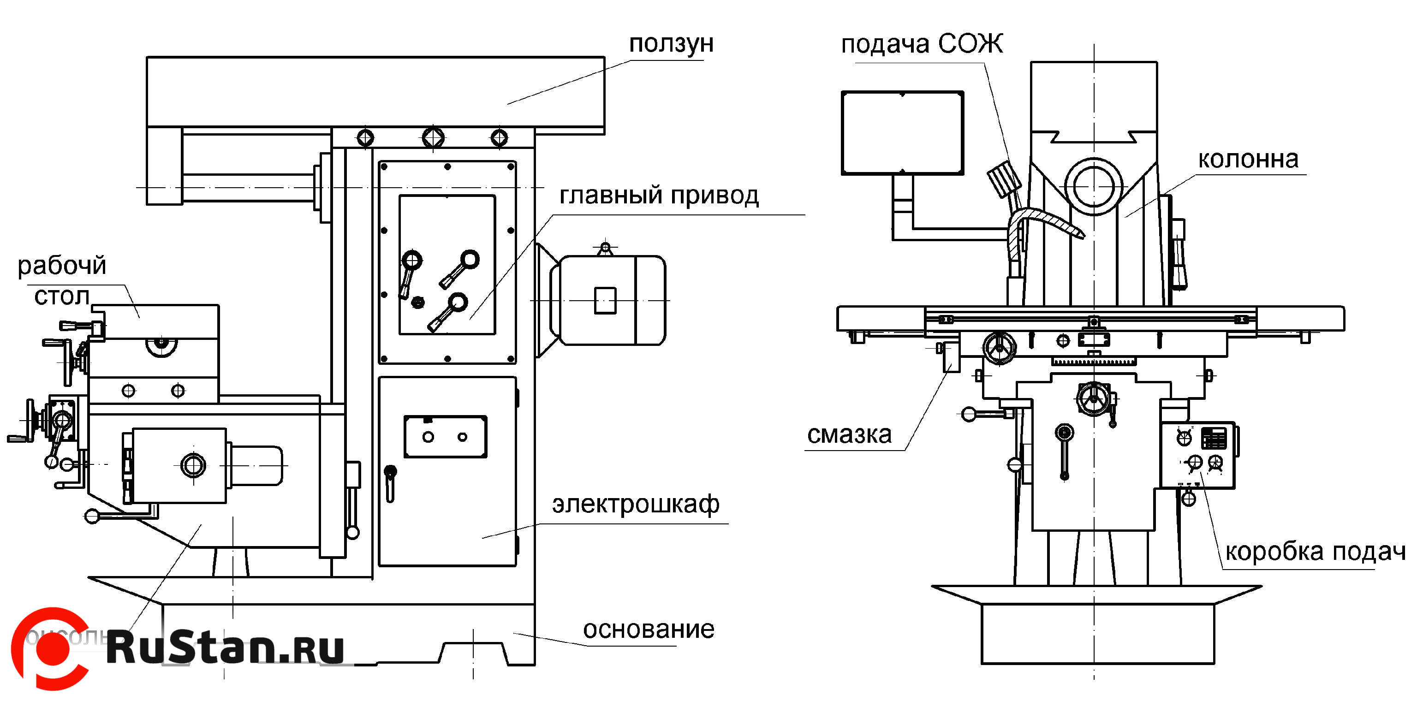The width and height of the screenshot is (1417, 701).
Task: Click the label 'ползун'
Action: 671,44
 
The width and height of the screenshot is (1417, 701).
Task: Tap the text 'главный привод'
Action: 659,195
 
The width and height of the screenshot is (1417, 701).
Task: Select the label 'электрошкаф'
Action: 635,504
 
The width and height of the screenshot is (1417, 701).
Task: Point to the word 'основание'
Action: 649,629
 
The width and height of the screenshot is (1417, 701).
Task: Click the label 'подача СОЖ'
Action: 922,44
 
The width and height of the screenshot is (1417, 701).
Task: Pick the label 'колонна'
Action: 1248,160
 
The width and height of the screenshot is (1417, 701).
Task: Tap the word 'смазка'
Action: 849,434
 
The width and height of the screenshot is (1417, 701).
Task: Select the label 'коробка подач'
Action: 1315,551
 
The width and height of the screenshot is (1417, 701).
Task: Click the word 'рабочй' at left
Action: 62,266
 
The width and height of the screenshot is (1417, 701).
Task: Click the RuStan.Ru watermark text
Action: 226,648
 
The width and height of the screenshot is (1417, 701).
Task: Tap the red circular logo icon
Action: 51,649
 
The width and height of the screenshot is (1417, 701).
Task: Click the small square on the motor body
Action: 605,301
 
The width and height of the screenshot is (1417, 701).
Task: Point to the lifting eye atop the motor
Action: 605,248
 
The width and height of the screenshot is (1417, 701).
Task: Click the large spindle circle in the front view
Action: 1094,186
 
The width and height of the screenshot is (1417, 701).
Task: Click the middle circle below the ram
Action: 433,137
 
